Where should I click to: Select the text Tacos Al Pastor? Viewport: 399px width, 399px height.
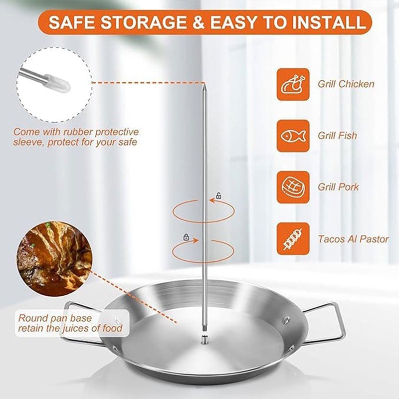click(x=354, y=239)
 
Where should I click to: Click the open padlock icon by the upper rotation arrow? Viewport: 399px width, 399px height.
click(x=218, y=196)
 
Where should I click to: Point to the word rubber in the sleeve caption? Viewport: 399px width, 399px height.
click(x=76, y=132)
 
